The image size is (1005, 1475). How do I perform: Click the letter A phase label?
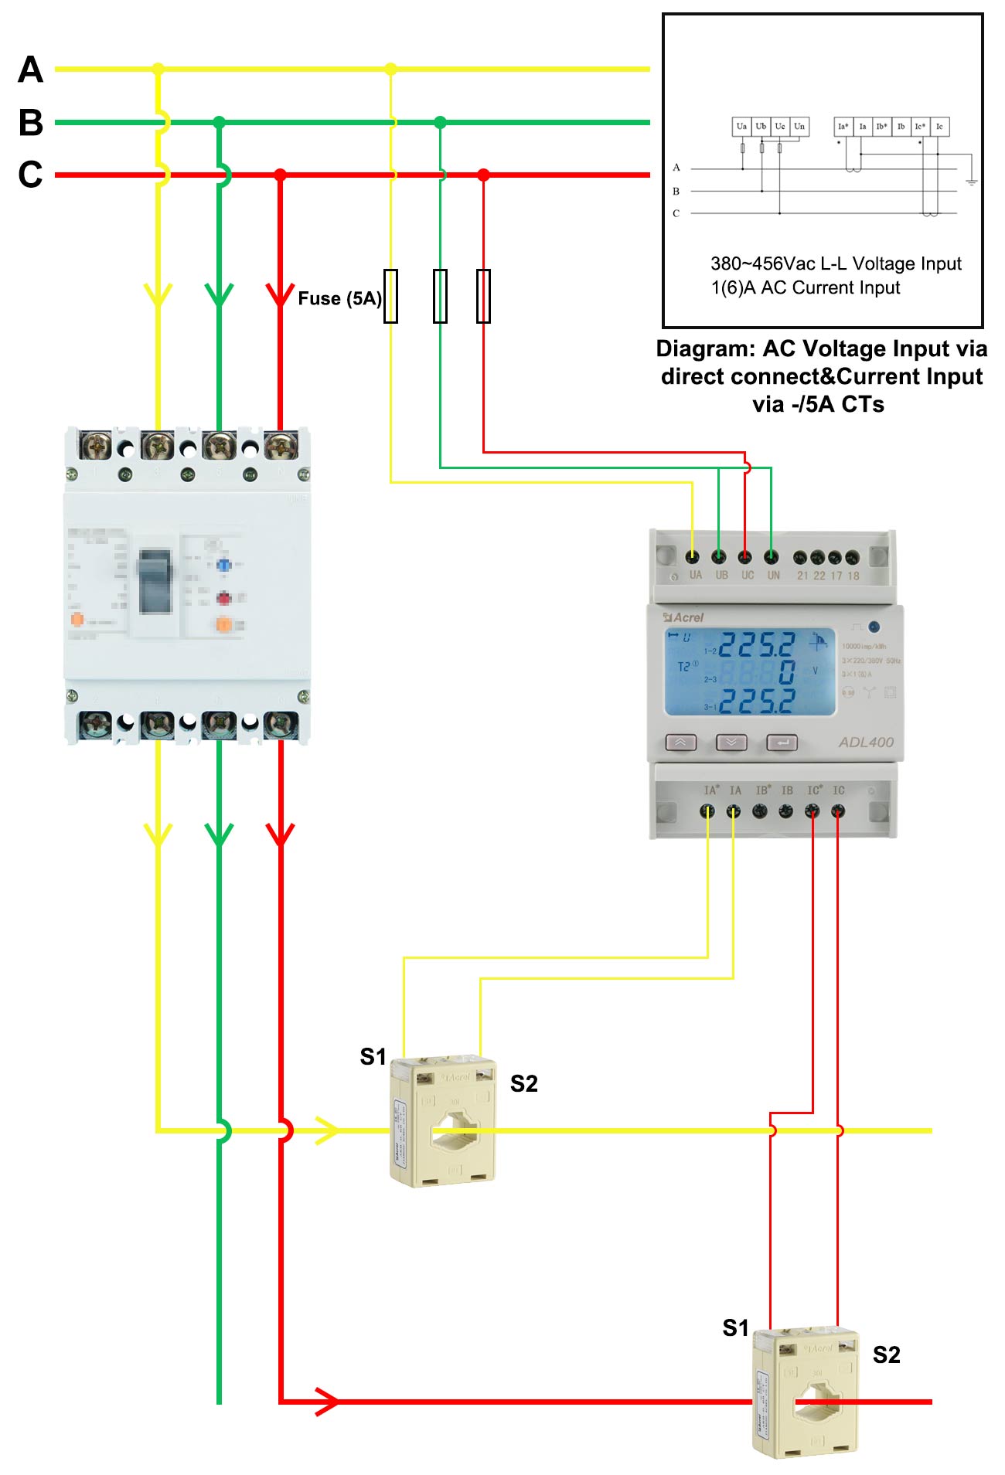[30, 70]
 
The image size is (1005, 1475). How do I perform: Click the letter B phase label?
[30, 122]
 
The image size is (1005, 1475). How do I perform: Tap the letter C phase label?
[30, 175]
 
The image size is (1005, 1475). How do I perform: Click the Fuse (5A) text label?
[339, 298]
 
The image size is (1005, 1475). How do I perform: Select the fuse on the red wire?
[483, 296]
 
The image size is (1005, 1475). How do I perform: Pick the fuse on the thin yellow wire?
[391, 296]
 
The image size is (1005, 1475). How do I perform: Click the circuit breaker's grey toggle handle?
[155, 581]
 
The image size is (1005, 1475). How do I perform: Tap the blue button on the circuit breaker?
[223, 565]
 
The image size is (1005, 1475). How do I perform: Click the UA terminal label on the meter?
[696, 575]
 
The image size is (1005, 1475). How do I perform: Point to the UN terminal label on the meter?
[773, 575]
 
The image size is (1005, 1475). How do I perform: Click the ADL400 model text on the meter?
[866, 742]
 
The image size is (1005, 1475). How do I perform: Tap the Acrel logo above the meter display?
[684, 617]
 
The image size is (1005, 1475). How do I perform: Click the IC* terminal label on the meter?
[815, 790]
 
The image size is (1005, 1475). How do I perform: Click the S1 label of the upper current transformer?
[373, 1056]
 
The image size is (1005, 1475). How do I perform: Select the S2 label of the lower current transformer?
[886, 1354]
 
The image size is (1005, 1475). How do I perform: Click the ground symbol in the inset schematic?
[971, 182]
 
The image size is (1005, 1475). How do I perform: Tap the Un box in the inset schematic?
[799, 127]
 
